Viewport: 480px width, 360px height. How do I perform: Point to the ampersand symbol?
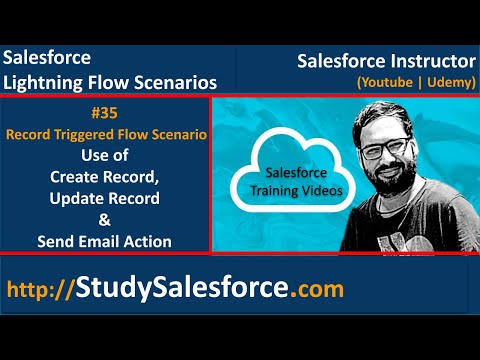pyautogui.click(x=105, y=219)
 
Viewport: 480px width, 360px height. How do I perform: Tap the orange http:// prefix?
pyautogui.click(x=41, y=290)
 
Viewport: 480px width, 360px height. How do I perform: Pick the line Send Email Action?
pyautogui.click(x=105, y=241)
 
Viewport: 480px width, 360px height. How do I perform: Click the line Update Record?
pyautogui.click(x=105, y=198)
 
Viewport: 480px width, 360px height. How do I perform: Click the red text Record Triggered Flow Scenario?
pyautogui.click(x=105, y=134)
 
